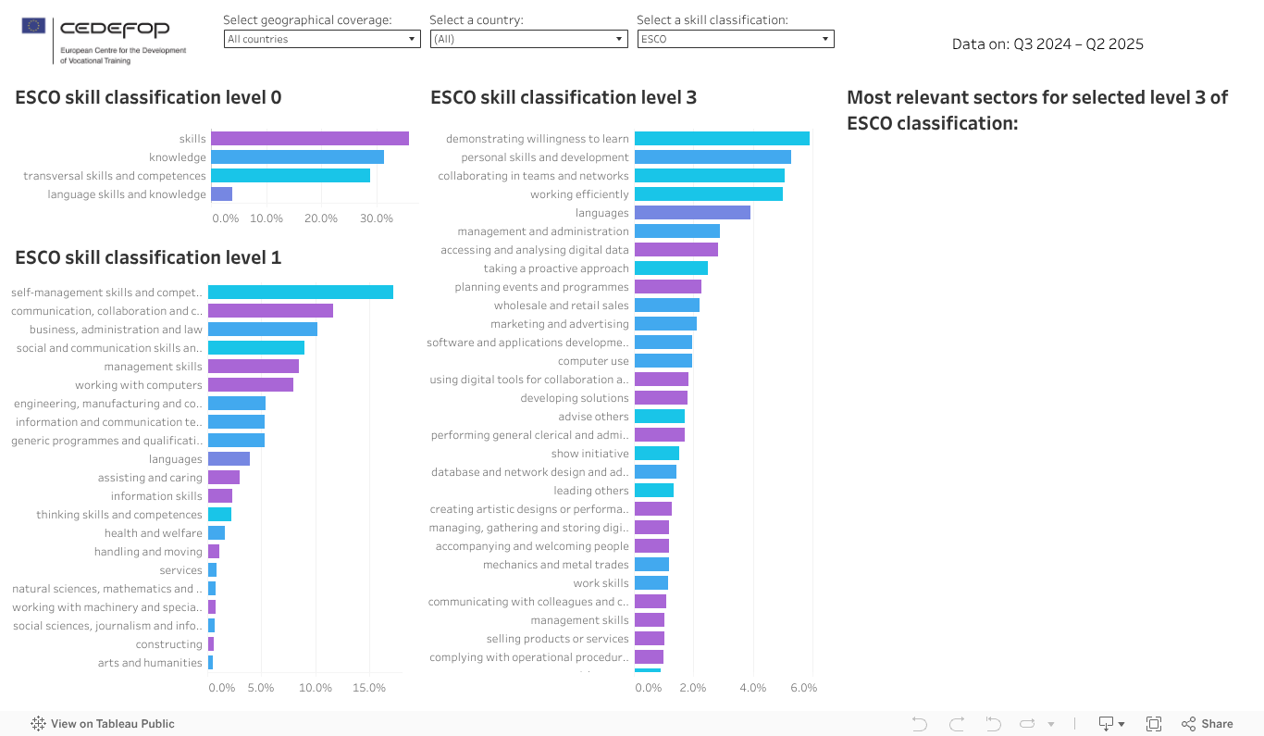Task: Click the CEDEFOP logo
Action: click(x=104, y=41)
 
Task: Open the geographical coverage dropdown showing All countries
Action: click(x=322, y=39)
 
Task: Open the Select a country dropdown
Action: click(x=528, y=39)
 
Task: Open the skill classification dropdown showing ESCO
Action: click(x=736, y=39)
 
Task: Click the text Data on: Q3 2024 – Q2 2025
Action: click(x=1047, y=44)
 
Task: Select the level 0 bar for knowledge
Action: click(x=297, y=157)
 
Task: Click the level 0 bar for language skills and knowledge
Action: click(x=221, y=194)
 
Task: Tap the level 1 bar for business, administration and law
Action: click(x=263, y=330)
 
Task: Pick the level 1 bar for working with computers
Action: click(x=251, y=385)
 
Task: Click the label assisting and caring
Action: click(x=150, y=478)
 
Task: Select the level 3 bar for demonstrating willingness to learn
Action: click(x=722, y=139)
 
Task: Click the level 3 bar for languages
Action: click(x=692, y=213)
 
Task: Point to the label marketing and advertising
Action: click(x=560, y=324)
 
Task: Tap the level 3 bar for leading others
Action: click(x=654, y=491)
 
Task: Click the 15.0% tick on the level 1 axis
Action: click(x=369, y=688)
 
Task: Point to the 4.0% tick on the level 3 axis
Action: click(x=752, y=688)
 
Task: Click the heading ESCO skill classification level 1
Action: click(x=148, y=257)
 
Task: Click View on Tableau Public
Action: click(x=103, y=724)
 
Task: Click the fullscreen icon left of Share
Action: click(x=1154, y=724)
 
